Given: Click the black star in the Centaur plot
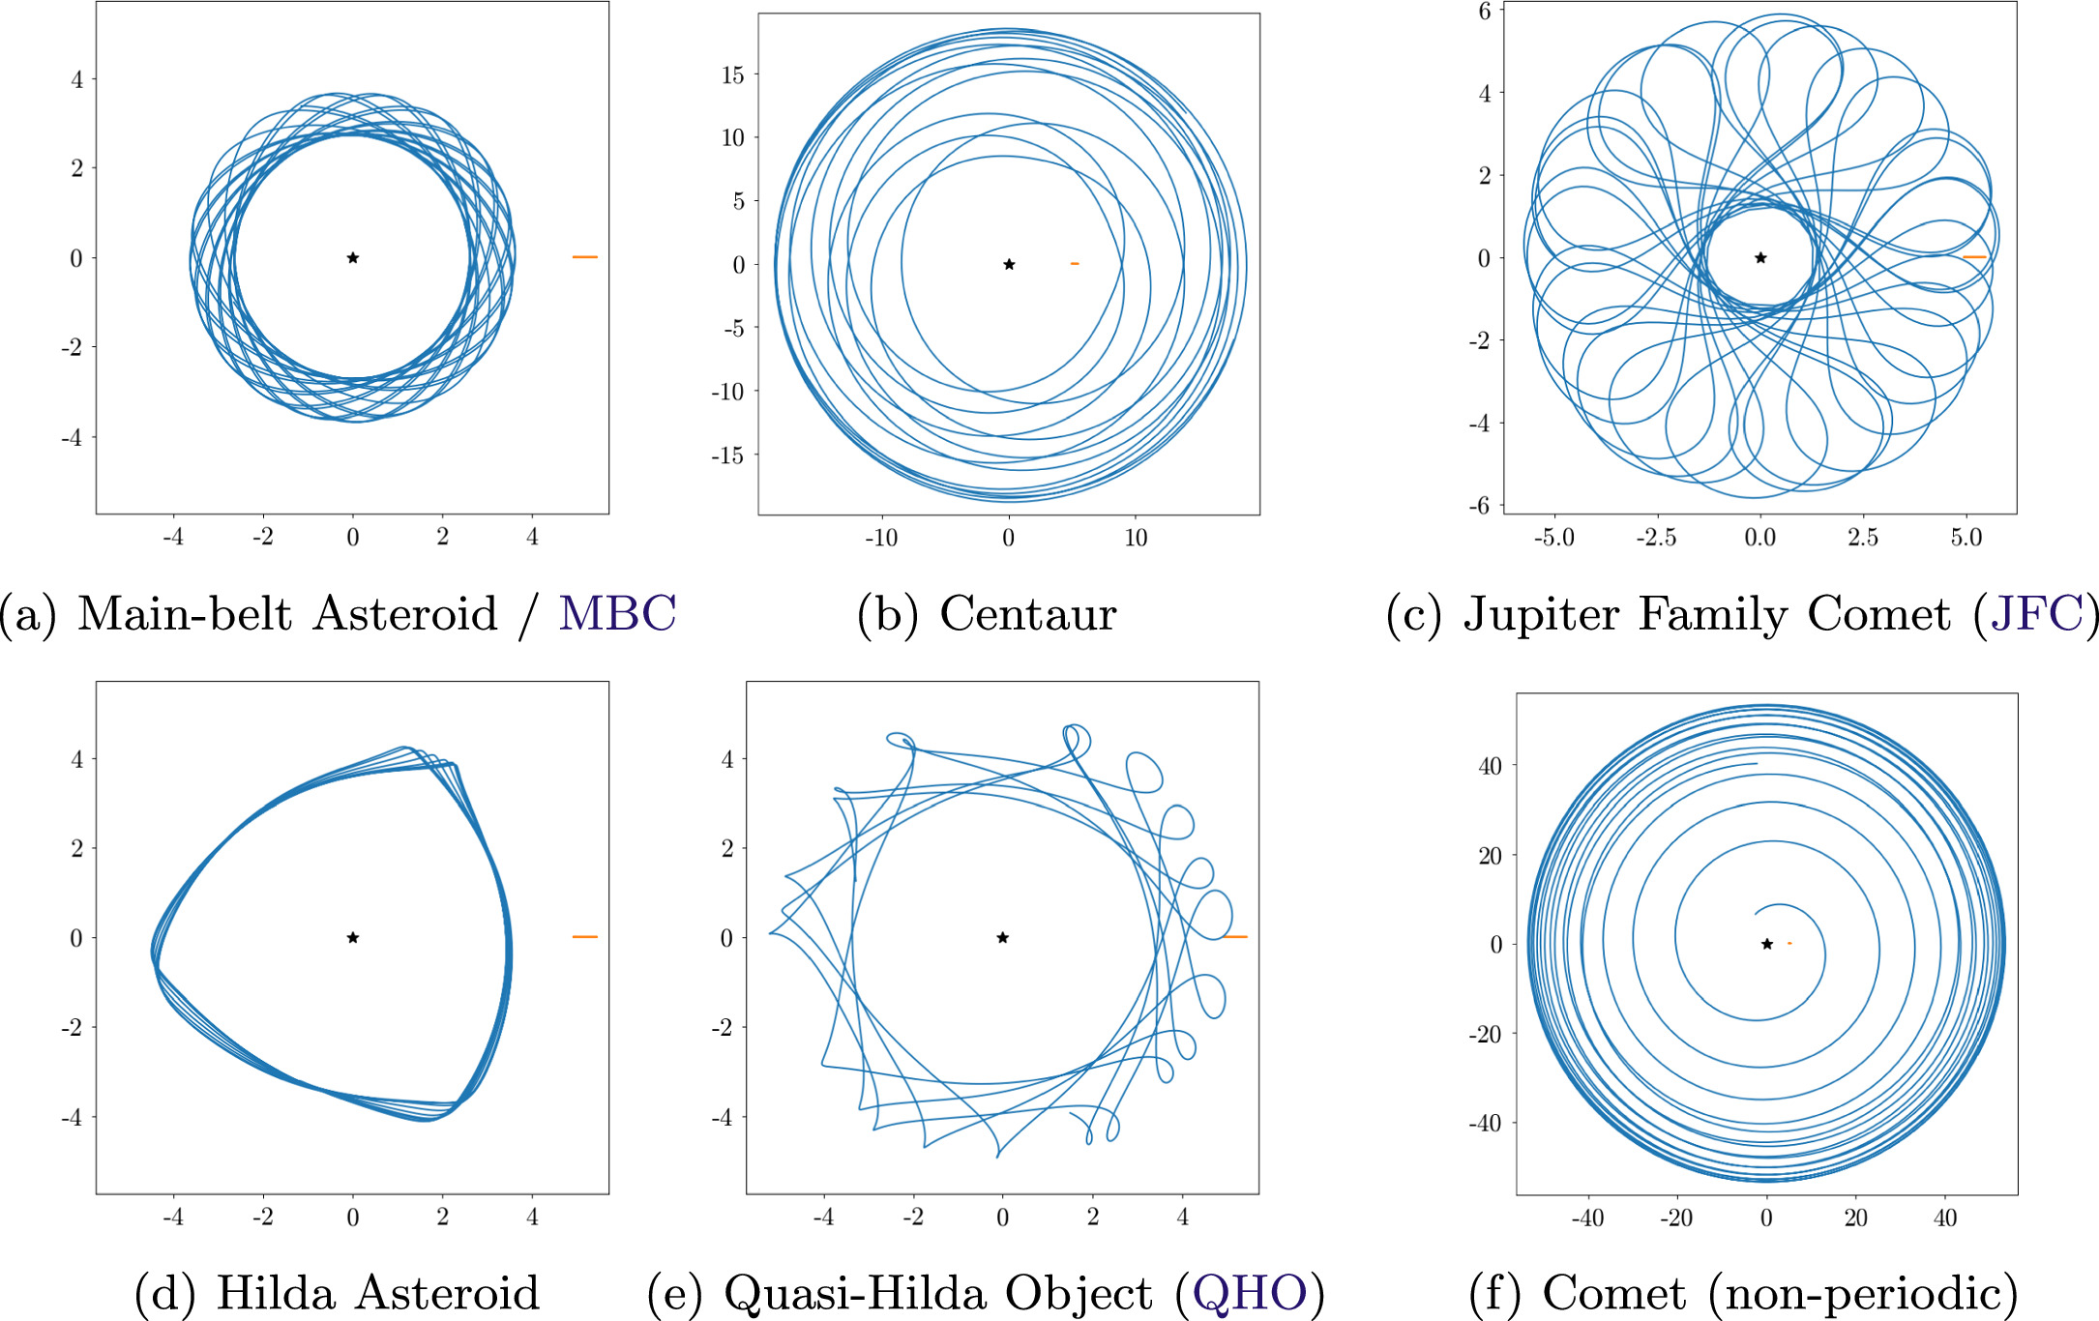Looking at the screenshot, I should coord(1009,264).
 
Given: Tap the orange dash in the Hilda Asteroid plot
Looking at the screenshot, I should coord(584,936).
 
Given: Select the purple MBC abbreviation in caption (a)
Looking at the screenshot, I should coord(617,613).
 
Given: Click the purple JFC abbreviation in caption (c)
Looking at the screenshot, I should coord(2035,613).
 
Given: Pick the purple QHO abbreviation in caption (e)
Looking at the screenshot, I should coord(1249,1293).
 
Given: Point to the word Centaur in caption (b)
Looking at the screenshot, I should coord(1027,613).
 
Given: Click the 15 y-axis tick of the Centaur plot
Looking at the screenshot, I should coord(733,74).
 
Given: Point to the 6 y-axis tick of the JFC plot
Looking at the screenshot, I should coord(1485,11).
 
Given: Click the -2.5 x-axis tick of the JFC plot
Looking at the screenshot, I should coord(1655,538).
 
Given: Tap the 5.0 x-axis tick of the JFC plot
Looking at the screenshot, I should coord(1965,538).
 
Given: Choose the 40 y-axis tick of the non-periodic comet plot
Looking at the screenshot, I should coord(1490,766).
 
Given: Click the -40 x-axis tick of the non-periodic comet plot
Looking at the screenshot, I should coord(1587,1218).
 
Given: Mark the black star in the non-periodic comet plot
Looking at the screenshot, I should coord(1766,944).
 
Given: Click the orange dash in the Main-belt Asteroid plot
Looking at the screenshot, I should coord(584,257).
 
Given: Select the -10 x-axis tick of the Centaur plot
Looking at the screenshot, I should coord(880,538).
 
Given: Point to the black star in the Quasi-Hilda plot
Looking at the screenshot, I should coord(1003,937).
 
